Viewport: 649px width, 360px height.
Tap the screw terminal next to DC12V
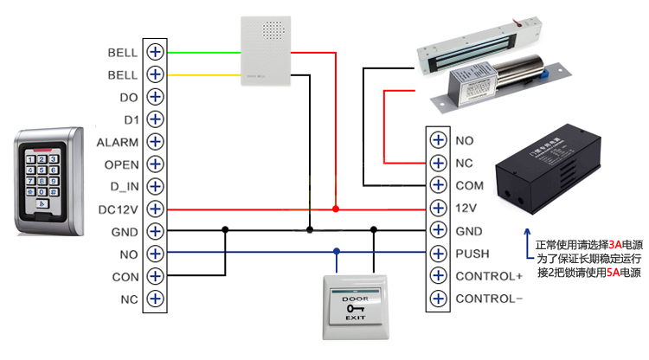coord(156,209)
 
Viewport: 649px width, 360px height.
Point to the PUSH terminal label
coord(472,254)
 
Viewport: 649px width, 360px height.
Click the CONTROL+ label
coord(489,276)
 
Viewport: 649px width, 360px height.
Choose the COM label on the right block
coord(470,185)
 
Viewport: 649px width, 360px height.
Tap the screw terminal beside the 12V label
coord(439,209)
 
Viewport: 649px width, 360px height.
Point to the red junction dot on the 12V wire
coord(336,209)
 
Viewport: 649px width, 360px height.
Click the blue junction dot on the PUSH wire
coord(336,254)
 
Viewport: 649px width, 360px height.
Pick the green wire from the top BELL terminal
coord(203,51)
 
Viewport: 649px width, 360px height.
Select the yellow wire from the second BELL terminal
coord(203,74)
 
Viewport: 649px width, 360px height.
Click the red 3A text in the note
coord(615,245)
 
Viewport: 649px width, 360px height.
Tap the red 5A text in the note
coord(613,273)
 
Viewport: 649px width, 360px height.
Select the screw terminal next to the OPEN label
coord(156,164)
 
